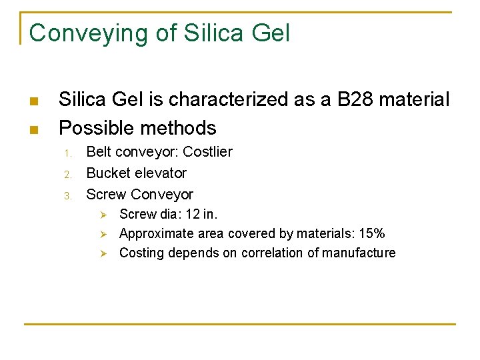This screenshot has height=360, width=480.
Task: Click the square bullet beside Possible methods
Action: click(33, 129)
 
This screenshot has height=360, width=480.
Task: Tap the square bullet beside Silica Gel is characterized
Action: click(33, 101)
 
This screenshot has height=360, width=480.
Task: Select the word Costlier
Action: click(207, 152)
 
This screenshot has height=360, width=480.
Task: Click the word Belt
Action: click(99, 152)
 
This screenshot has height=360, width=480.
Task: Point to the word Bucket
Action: click(109, 173)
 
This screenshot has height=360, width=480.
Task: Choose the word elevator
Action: click(160, 173)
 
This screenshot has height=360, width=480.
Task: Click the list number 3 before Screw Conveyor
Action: click(67, 195)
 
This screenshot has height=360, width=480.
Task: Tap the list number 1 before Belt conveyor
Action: click(67, 153)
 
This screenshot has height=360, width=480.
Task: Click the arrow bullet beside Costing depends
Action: click(103, 253)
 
